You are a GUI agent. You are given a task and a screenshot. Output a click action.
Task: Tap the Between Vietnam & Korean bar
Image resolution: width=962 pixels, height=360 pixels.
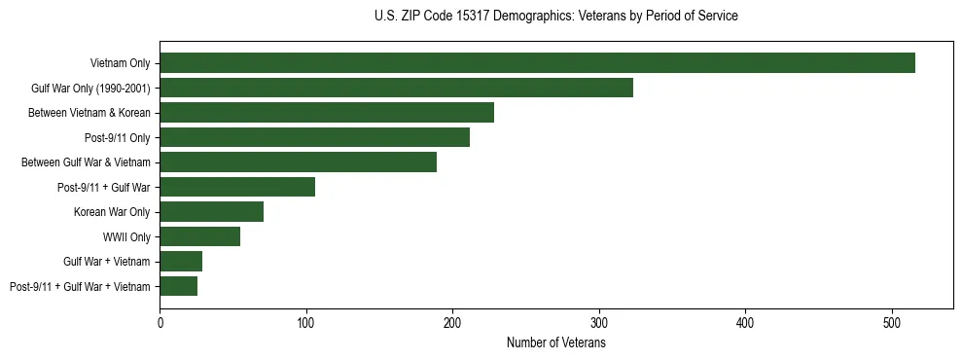(327, 113)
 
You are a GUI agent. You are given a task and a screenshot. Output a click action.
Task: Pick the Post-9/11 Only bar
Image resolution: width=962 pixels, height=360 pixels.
(314, 137)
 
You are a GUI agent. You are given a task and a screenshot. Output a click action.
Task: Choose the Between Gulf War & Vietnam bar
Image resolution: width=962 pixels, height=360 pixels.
(298, 162)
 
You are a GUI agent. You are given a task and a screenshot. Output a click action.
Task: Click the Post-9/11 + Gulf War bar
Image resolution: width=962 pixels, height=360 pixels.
(237, 187)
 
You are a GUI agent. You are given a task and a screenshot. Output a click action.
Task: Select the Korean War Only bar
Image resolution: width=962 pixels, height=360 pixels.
(211, 211)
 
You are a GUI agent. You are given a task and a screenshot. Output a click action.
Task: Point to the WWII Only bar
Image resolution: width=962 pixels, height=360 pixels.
(199, 236)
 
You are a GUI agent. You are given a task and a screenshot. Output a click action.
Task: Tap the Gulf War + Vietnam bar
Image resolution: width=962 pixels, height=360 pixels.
(181, 261)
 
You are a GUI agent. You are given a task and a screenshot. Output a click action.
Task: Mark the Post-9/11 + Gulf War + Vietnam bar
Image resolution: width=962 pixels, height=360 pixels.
(178, 286)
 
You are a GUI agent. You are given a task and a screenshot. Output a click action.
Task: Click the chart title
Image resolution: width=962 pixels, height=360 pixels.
(555, 17)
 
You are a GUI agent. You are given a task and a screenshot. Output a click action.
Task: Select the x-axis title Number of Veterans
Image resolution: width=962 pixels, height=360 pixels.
(555, 342)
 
